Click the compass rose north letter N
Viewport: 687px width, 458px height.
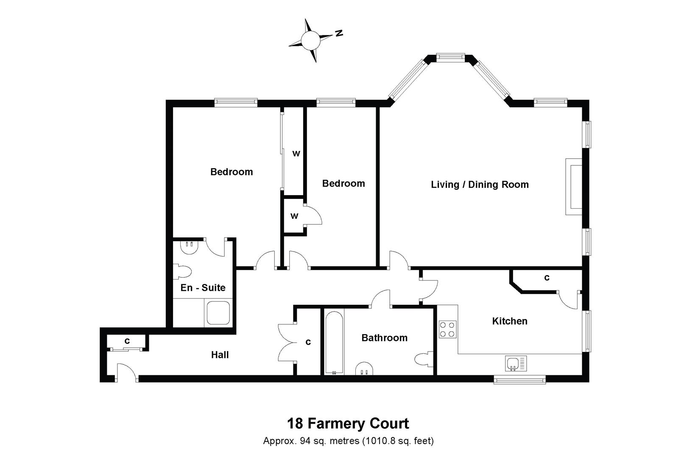[338, 33]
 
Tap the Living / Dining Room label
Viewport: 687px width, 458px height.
[480, 184]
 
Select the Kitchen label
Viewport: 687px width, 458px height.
[510, 321]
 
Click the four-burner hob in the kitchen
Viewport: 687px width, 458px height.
[447, 330]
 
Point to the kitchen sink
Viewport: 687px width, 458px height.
[516, 363]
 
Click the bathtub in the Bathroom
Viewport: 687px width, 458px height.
[334, 342]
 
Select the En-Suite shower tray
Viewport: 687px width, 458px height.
[218, 313]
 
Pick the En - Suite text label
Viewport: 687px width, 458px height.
[203, 288]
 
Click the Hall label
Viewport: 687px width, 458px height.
[220, 355]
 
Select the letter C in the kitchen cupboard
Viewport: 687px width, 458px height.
[547, 278]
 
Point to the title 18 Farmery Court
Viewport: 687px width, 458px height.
[348, 423]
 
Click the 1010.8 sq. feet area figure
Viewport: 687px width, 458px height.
[398, 441]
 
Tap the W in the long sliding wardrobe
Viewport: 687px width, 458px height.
[296, 154]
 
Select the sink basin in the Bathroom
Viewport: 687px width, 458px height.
[365, 369]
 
